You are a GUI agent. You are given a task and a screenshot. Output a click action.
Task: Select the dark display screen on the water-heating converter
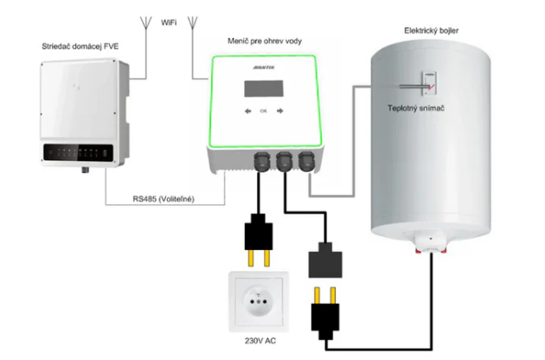(x=265, y=87)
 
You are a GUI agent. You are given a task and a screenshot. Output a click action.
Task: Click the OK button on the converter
(x=264, y=112)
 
